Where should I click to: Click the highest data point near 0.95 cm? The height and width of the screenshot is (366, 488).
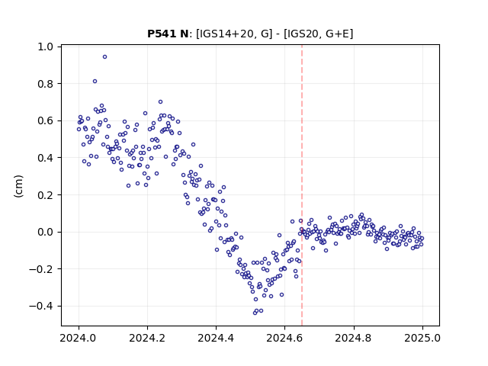105,57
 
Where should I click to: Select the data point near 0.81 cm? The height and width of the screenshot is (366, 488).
95,82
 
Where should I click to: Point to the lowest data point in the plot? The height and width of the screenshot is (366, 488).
255,313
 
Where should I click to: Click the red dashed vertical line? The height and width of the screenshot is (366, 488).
302,185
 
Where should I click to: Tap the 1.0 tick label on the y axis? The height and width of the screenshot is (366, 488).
46,47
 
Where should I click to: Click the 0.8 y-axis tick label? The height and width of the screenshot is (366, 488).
46,84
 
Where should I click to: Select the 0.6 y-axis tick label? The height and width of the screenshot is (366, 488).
46,120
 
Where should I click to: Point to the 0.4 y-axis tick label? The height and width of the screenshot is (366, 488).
46,158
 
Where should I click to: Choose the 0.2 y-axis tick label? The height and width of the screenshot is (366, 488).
46,195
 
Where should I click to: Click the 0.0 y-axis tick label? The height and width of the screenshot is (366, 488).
46,232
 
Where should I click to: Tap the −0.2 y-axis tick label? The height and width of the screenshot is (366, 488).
41,269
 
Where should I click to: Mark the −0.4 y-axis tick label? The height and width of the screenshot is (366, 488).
41,306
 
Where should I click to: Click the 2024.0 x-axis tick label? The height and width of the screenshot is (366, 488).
79,338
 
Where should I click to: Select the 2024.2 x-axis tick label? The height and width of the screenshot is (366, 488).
147,338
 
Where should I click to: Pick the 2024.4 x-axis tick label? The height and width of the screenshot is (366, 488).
216,338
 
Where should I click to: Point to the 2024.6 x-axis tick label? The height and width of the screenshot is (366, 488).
284,338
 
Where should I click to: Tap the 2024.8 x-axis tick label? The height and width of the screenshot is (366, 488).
354,338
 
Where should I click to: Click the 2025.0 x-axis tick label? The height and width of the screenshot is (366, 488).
422,338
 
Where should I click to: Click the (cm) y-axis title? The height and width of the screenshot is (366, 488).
18,186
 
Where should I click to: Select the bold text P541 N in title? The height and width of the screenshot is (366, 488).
168,34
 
